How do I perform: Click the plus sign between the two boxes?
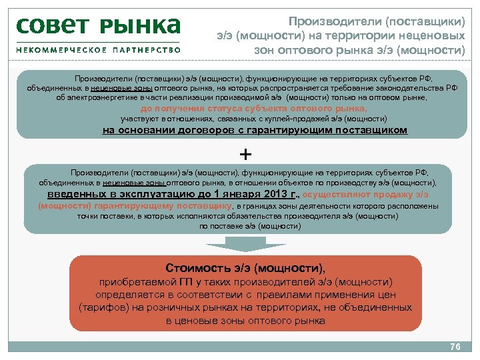click(245, 155)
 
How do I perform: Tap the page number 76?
click(456, 347)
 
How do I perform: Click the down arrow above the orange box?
click(245, 246)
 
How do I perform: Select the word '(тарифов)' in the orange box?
click(99, 308)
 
